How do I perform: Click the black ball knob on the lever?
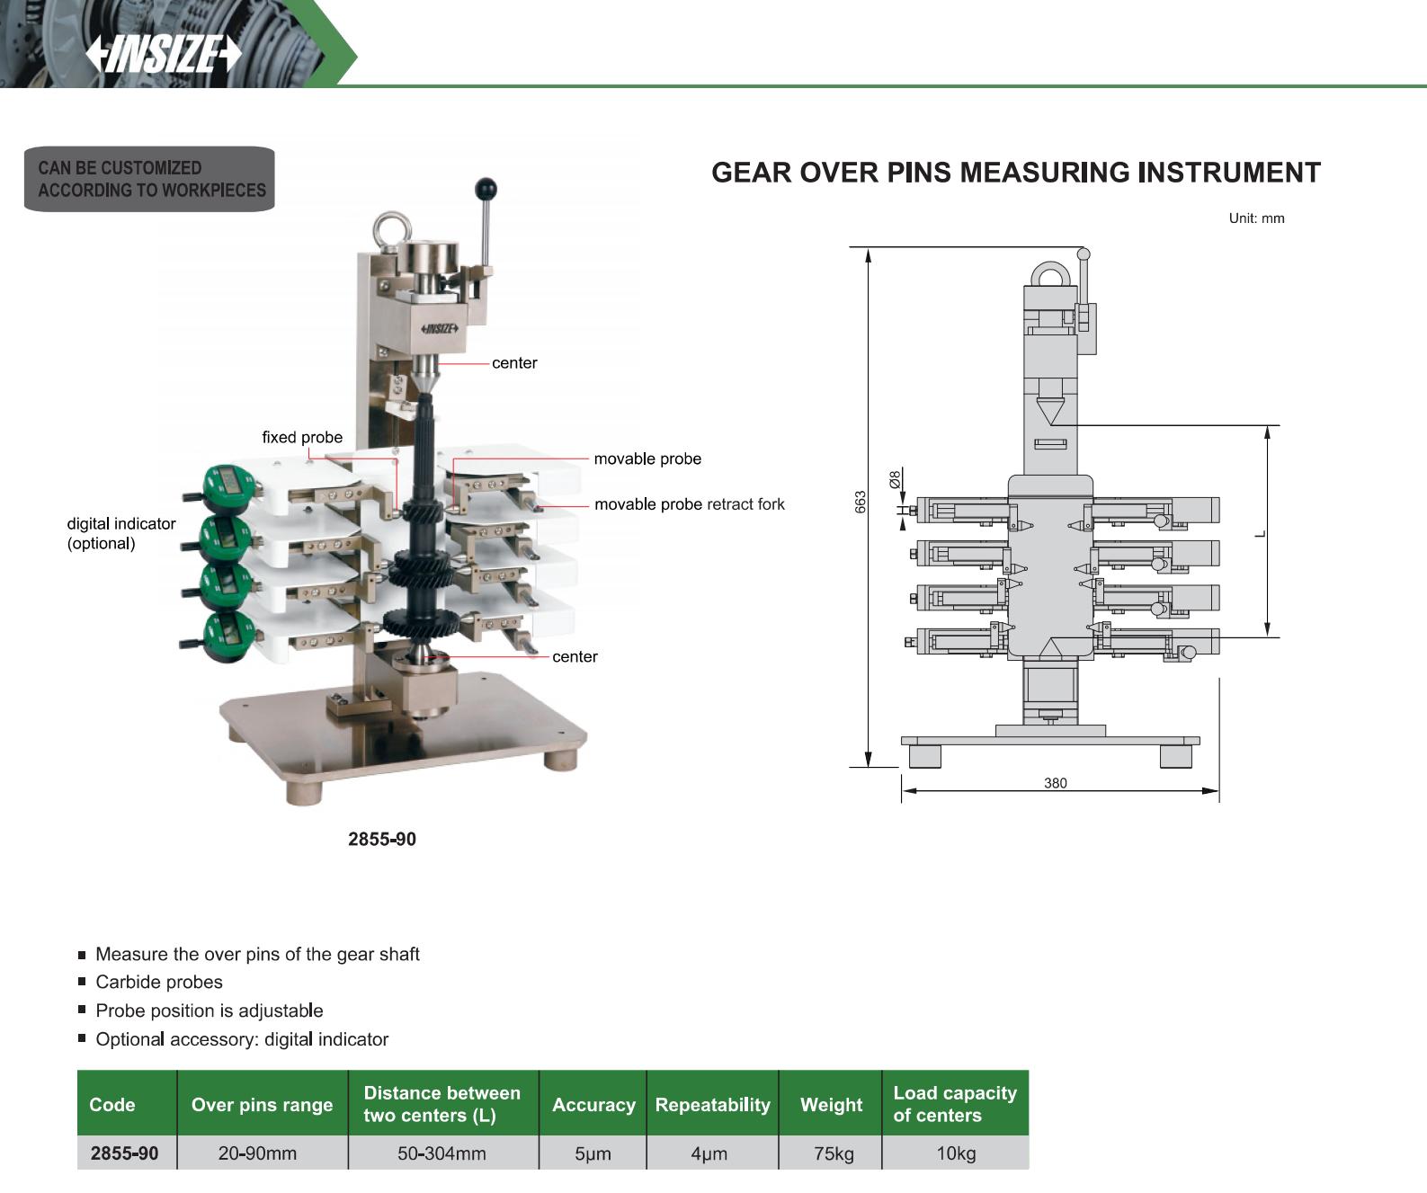486,190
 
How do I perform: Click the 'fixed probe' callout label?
302,438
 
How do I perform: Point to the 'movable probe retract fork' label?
689,504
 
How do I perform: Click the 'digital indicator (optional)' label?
120,533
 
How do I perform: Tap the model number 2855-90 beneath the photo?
382,839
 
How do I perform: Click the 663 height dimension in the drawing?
861,502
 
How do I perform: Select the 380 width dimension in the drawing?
1055,783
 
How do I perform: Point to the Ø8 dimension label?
895,479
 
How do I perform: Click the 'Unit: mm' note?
1256,218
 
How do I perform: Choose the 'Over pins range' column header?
262,1105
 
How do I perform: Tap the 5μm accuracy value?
593,1153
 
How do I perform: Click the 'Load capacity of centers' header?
954,1104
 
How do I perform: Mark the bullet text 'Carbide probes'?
159,983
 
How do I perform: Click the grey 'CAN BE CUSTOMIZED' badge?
150,179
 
